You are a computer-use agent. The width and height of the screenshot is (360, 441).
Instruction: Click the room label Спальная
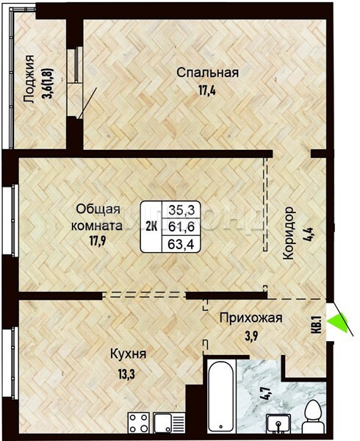(x=208, y=73)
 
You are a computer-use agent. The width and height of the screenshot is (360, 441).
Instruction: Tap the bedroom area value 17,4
(x=207, y=91)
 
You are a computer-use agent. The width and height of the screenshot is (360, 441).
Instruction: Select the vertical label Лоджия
(x=29, y=79)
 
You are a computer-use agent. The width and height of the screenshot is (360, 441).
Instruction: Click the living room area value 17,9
(x=98, y=241)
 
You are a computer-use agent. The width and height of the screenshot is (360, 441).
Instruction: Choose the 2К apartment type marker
(x=151, y=226)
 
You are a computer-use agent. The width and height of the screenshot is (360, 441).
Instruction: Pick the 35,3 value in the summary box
(x=181, y=209)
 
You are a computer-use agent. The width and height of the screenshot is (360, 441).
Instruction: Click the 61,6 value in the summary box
(x=181, y=226)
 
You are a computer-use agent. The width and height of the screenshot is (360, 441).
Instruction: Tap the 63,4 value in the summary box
(x=181, y=243)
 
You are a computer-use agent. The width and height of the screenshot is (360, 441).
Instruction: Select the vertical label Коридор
(x=288, y=234)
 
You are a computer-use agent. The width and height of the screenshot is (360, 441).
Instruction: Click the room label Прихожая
(x=251, y=318)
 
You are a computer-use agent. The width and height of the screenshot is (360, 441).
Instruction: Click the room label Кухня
(x=128, y=354)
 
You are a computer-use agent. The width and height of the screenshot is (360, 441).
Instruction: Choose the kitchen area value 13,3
(x=127, y=374)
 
